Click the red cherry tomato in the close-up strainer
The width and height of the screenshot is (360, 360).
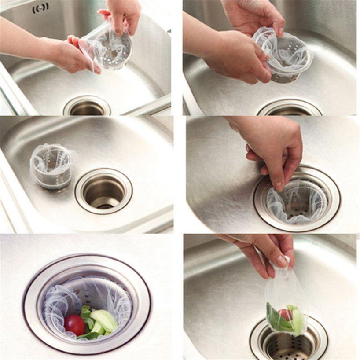click(x=74, y=325)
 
